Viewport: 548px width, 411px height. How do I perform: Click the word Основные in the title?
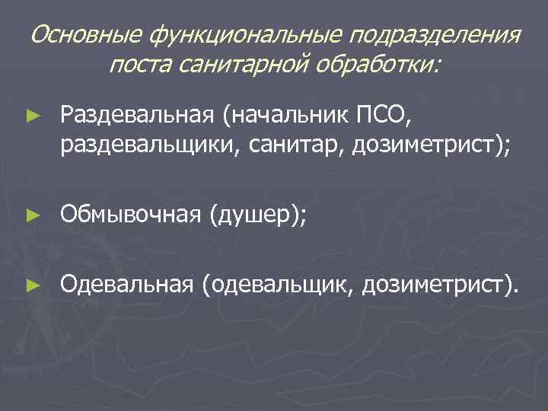(87, 36)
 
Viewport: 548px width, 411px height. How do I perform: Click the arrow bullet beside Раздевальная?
(32, 116)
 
